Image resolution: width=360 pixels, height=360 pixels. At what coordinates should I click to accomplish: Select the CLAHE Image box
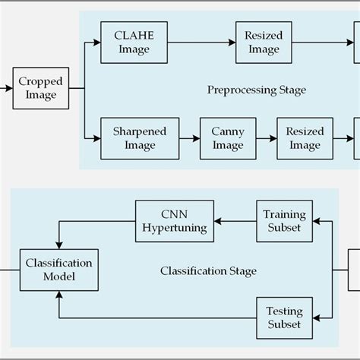133,42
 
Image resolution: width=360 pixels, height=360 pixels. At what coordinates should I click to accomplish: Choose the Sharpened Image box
134,137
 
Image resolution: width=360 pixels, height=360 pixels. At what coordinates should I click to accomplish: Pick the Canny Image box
227,137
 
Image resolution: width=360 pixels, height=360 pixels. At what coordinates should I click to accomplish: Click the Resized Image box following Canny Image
305,137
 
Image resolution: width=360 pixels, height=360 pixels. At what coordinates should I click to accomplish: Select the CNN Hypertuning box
174,221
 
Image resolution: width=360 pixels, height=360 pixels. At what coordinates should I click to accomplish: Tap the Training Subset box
283,221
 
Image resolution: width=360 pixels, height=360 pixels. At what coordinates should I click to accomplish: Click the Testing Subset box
283,318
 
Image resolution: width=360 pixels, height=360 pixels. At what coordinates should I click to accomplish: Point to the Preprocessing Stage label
257,90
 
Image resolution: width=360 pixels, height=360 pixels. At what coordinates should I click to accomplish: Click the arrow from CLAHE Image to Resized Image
201,42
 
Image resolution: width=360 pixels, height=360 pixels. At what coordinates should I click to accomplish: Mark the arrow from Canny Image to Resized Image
266,137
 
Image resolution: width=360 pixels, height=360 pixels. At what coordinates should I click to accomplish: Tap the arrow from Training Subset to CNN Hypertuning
235,221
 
